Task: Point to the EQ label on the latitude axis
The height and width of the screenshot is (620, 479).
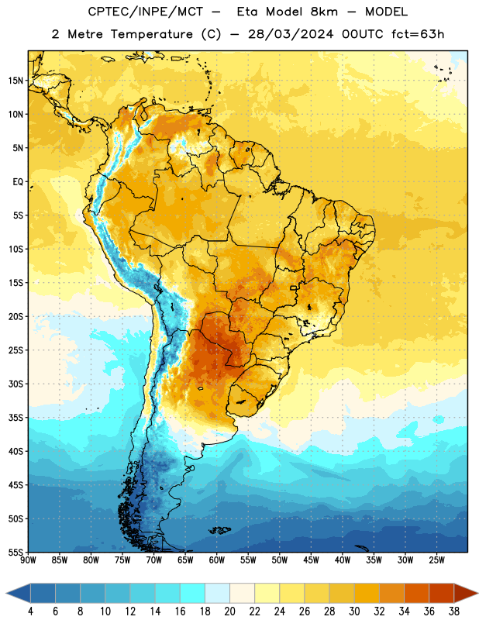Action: click(x=18, y=182)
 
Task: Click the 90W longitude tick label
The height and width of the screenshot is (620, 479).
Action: click(x=28, y=560)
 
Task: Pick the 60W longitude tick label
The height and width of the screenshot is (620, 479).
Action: click(x=217, y=560)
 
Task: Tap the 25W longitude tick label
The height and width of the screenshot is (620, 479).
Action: click(x=436, y=560)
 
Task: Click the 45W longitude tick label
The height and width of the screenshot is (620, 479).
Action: click(x=311, y=560)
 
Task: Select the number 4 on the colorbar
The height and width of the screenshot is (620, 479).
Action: click(x=30, y=611)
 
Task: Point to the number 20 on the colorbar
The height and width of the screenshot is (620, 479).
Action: click(x=229, y=611)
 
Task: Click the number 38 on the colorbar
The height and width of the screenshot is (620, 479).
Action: click(x=453, y=611)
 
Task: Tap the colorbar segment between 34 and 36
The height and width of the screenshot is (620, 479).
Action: click(x=416, y=593)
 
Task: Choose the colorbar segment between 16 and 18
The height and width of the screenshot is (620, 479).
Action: click(x=193, y=593)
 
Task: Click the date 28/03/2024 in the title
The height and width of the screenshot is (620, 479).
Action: click(x=291, y=34)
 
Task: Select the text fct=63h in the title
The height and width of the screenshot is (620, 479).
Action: click(x=418, y=34)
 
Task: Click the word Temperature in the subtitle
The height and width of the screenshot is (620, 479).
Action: click(x=151, y=34)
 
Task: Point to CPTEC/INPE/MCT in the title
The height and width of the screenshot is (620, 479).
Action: click(x=146, y=12)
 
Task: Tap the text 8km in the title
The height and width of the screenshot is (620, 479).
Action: click(x=324, y=12)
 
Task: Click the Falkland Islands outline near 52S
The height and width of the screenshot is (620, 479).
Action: click(x=219, y=530)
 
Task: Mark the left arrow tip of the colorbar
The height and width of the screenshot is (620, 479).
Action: click(x=6, y=593)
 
